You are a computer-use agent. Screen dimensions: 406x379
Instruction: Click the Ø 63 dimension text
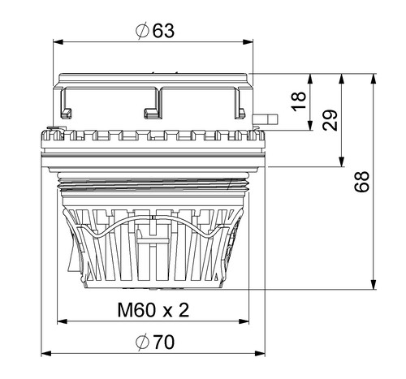155,31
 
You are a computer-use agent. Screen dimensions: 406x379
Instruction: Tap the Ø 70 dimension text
155,342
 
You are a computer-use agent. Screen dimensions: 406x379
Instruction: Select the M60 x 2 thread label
153,310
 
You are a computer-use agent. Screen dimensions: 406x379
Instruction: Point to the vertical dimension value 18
299,101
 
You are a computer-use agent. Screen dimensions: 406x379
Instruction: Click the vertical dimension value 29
330,120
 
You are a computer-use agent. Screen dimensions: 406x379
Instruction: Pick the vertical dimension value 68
362,181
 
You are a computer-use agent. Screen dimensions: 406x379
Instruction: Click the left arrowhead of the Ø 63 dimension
58,42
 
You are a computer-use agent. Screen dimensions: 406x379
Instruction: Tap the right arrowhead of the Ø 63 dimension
248,42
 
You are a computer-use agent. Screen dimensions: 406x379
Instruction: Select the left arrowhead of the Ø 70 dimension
46,353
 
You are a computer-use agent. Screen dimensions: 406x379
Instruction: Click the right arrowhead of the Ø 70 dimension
260,353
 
